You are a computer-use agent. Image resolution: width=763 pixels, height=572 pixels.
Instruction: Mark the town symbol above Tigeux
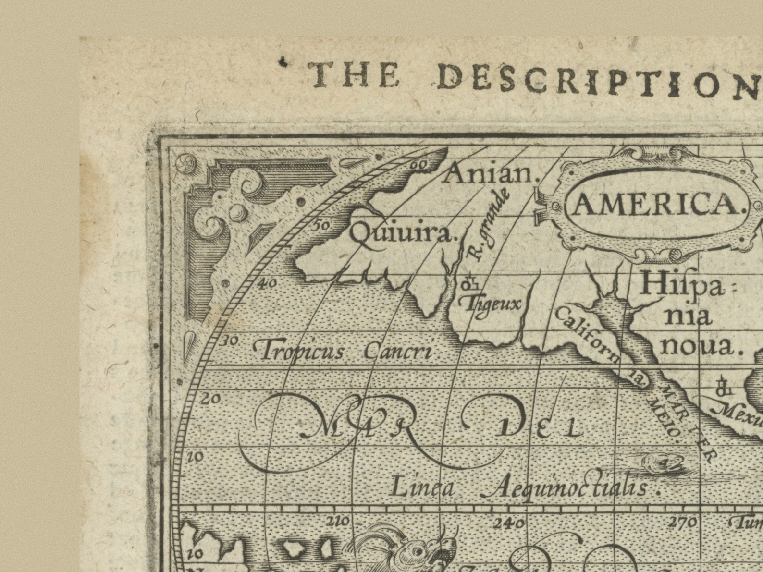(470, 285)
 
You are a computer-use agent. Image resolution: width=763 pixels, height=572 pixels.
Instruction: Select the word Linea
(421, 488)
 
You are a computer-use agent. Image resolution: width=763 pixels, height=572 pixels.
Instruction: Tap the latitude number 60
(419, 165)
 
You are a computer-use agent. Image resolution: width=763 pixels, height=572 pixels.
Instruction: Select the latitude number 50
(320, 224)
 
